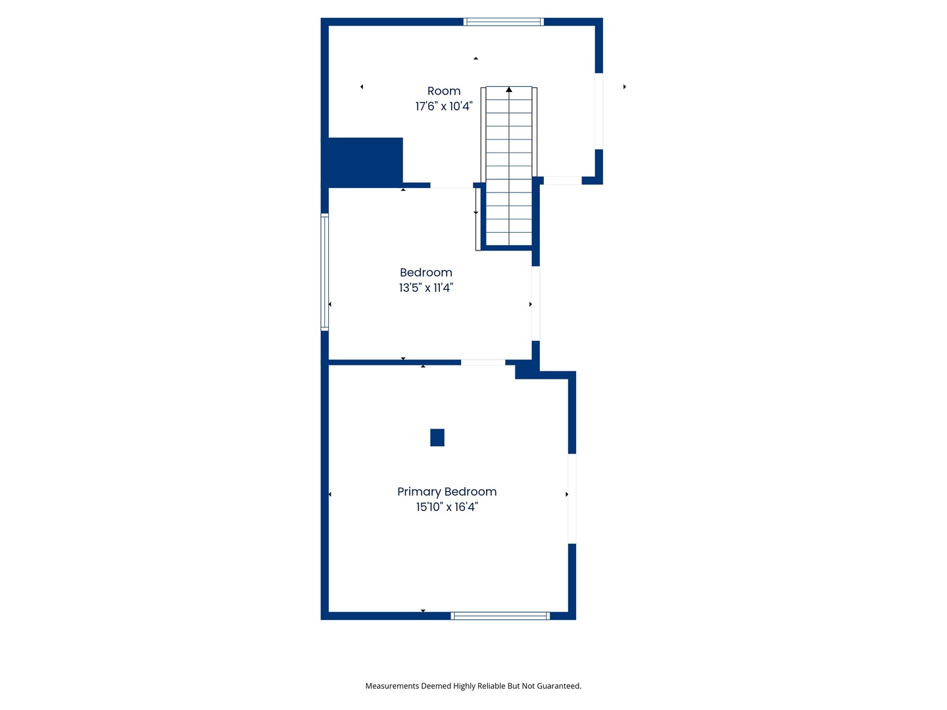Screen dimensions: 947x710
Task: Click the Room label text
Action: (443, 91)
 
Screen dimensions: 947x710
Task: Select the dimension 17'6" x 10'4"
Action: (443, 106)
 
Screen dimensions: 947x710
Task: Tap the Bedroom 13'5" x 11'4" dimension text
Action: (426, 287)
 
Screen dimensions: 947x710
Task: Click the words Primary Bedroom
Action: (447, 492)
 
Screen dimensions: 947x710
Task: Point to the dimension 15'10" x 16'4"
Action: (447, 507)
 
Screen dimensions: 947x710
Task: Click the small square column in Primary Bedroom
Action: (437, 438)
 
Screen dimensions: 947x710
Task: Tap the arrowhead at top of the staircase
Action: (508, 89)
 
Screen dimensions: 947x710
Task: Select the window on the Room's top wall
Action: (504, 22)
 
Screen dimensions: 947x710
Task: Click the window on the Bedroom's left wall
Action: (324, 272)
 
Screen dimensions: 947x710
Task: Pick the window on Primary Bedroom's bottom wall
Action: (500, 616)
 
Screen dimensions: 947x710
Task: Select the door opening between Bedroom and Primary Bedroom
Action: (483, 362)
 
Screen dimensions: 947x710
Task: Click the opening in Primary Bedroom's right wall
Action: (572, 499)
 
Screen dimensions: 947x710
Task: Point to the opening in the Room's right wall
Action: (599, 111)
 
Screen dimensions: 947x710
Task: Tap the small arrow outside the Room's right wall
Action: (624, 87)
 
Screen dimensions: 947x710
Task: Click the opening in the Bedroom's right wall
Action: (536, 304)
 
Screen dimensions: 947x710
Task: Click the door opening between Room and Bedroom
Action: (452, 185)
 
